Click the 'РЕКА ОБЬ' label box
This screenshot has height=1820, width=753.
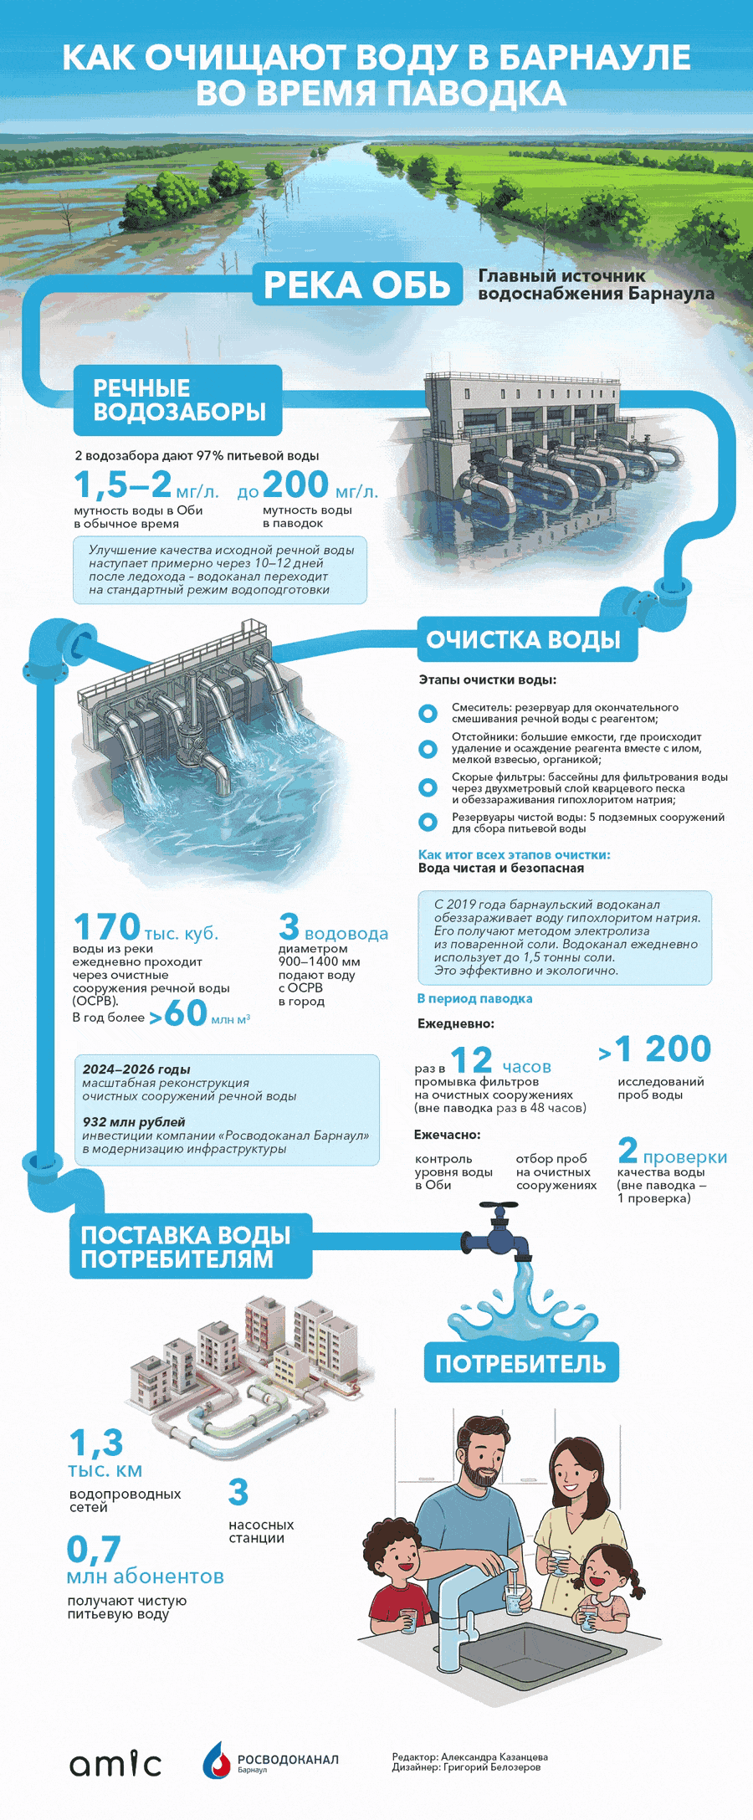[357, 285]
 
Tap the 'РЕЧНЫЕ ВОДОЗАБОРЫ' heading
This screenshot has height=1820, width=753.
[178, 400]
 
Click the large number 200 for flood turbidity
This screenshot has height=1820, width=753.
[295, 484]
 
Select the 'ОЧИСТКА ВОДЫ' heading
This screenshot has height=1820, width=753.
[524, 640]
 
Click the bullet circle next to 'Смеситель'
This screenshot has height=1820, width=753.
[428, 714]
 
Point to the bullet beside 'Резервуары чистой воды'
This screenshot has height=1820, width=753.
[428, 823]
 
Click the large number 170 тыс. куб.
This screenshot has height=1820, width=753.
[107, 927]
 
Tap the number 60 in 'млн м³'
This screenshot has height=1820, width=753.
[186, 1013]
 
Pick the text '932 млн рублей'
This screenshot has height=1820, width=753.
[134, 1122]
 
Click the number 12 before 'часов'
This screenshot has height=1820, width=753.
[471, 1061]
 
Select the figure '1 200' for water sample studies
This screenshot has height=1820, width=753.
[663, 1049]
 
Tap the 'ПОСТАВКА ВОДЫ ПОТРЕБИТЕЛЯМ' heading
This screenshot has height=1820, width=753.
[186, 1247]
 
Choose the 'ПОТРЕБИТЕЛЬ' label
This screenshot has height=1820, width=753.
[520, 1363]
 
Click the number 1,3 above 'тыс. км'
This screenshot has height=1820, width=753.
[96, 1443]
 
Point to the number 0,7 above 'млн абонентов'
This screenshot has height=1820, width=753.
[95, 1549]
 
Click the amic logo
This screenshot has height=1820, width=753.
[115, 1763]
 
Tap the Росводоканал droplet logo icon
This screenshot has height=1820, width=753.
[217, 1760]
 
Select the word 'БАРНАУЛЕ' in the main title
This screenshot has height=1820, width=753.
[594, 58]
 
